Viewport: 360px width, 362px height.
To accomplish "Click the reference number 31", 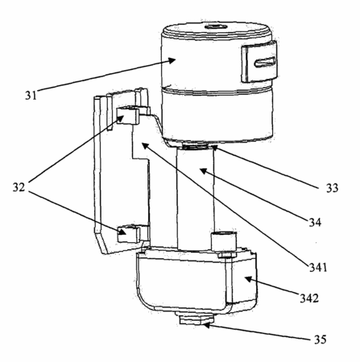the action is tap(31, 95).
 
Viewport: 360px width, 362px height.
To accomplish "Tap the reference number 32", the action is tap(19, 187).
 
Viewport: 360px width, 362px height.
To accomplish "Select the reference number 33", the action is tap(332, 188).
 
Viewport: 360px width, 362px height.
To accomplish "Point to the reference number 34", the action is tap(315, 222).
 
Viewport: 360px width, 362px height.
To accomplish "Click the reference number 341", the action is tap(318, 267).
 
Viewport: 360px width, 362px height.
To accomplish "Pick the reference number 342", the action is tap(309, 298).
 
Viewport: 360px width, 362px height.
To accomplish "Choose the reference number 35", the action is tap(320, 339).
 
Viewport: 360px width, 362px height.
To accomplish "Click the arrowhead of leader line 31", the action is tap(172, 60).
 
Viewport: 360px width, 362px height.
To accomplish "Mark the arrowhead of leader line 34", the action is tap(203, 171).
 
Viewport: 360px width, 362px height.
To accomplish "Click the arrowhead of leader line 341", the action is tap(144, 146).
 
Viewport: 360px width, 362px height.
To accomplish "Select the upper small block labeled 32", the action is tap(128, 115).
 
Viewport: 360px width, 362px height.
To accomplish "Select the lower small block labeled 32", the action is tap(129, 234).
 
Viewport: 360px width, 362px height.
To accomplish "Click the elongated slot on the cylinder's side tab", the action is tap(265, 62).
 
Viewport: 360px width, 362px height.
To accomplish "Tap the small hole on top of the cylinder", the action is tap(215, 27).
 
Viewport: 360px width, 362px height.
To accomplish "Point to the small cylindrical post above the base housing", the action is tap(224, 241).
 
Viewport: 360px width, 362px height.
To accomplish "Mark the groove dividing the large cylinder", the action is tap(217, 91).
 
